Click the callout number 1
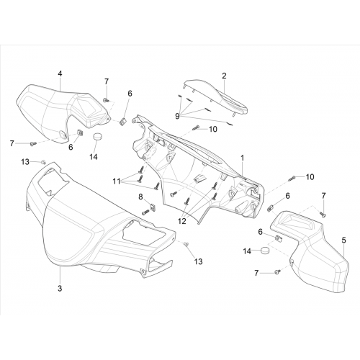pos(243,158)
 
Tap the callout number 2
pos(224,76)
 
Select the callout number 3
pos(60,288)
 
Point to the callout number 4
pos(60,74)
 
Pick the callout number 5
pos(344,240)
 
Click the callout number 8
pos(140,197)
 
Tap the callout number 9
pos(177,117)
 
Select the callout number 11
pos(117,181)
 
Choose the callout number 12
pos(182,221)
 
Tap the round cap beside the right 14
pos(265,251)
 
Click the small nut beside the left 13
pos(43,162)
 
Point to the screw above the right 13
pos(186,244)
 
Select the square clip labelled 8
pos(152,206)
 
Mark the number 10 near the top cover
pos(213,129)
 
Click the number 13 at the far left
pos(25,162)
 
